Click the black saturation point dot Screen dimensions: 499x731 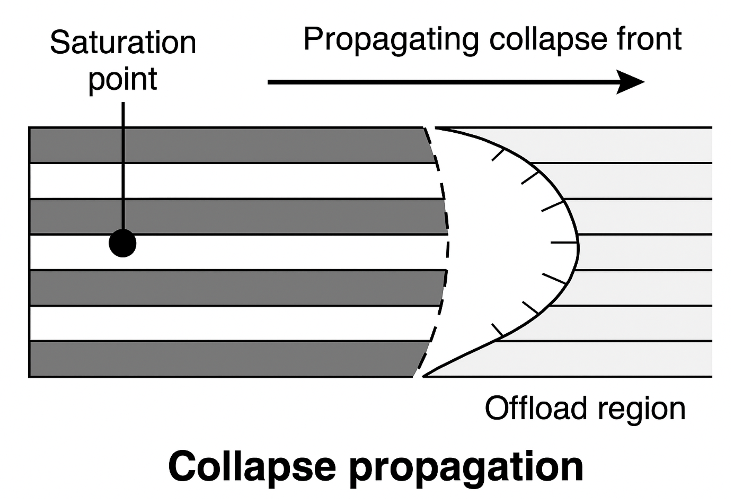[x=122, y=243]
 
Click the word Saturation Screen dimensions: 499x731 [x=123, y=43]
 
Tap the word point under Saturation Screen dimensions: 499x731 [x=123, y=79]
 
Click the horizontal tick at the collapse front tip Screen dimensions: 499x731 [x=564, y=243]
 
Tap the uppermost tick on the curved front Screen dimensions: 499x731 [x=498, y=155]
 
